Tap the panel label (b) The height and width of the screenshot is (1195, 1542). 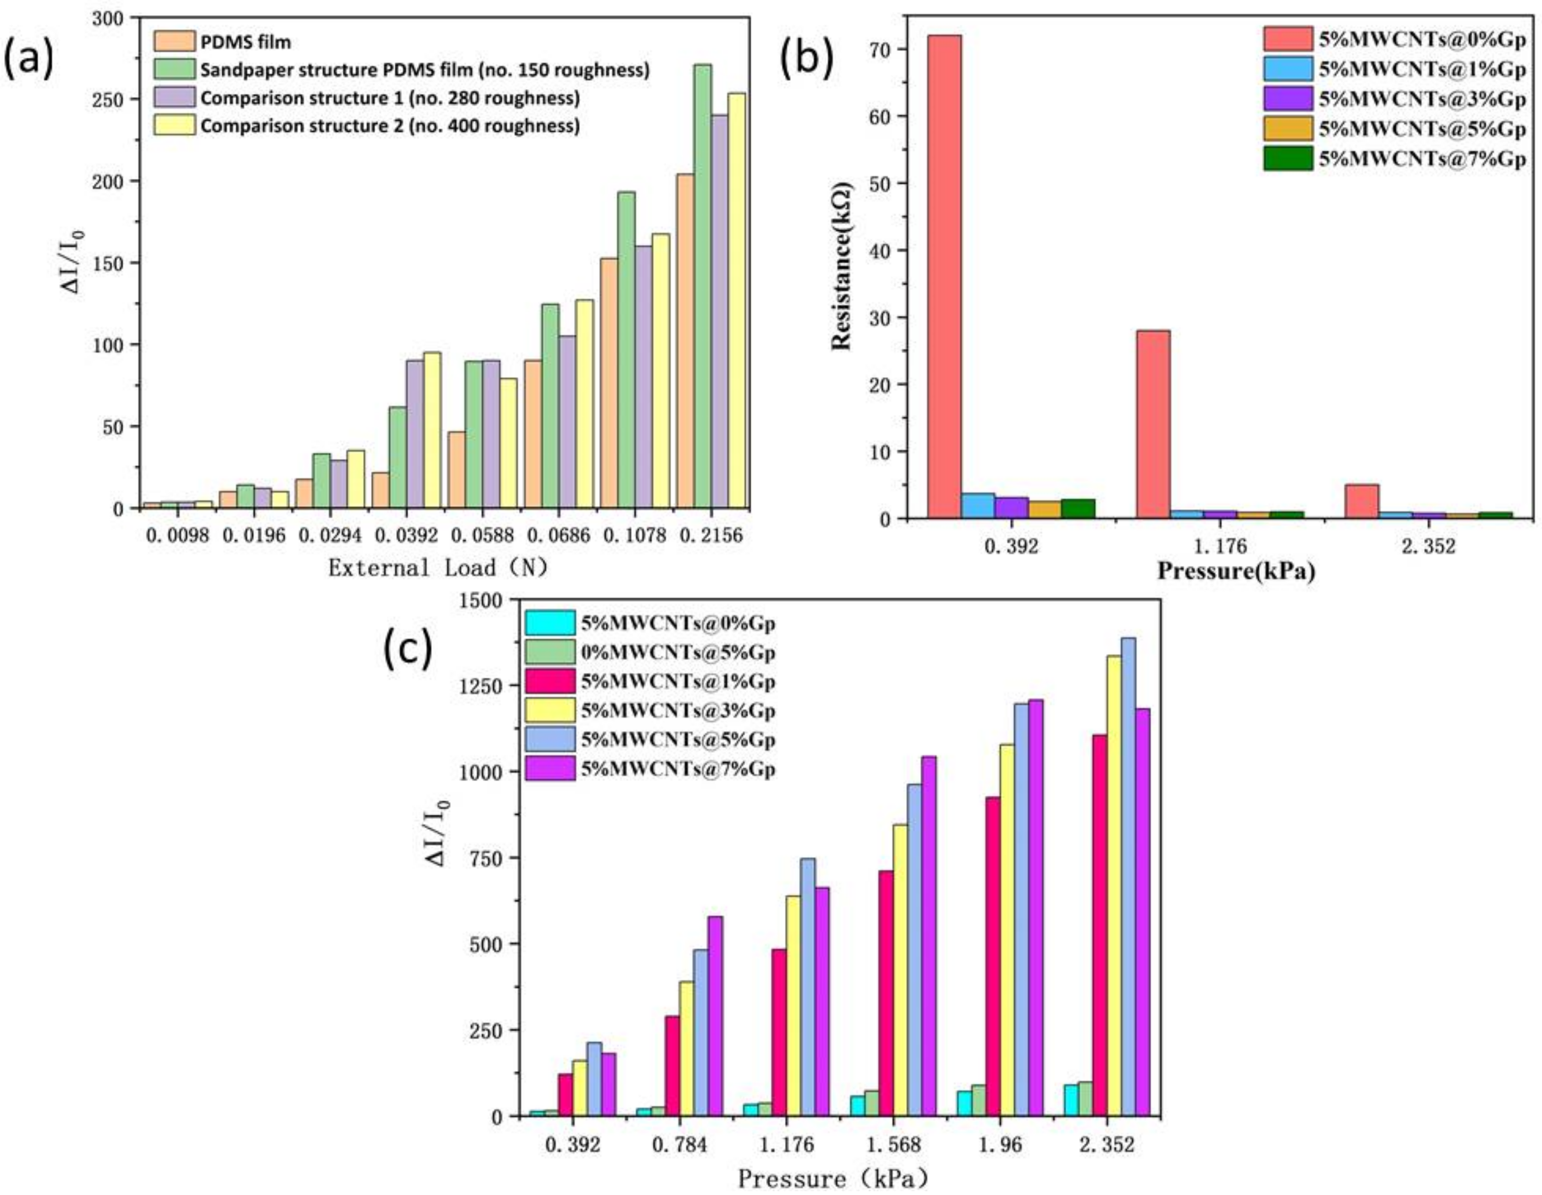point(806,58)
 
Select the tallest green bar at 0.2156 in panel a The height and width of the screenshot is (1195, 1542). point(702,286)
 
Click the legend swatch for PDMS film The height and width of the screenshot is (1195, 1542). point(173,42)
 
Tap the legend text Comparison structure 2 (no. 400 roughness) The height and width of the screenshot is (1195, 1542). point(390,126)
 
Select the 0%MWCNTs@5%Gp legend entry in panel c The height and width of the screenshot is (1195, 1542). point(678,652)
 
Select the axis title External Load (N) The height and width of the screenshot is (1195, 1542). point(438,567)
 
